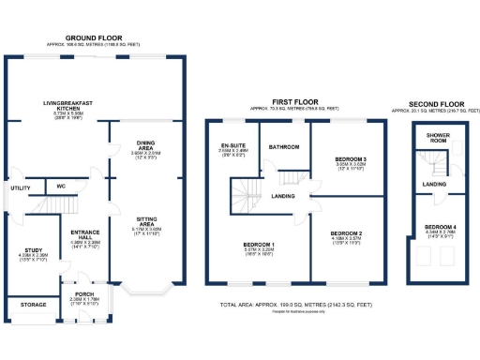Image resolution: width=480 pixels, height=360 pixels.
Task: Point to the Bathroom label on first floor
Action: (x=283, y=147)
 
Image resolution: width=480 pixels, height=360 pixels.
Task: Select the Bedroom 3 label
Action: (x=349, y=161)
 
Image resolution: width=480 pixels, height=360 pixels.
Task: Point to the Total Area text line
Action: (x=294, y=306)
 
